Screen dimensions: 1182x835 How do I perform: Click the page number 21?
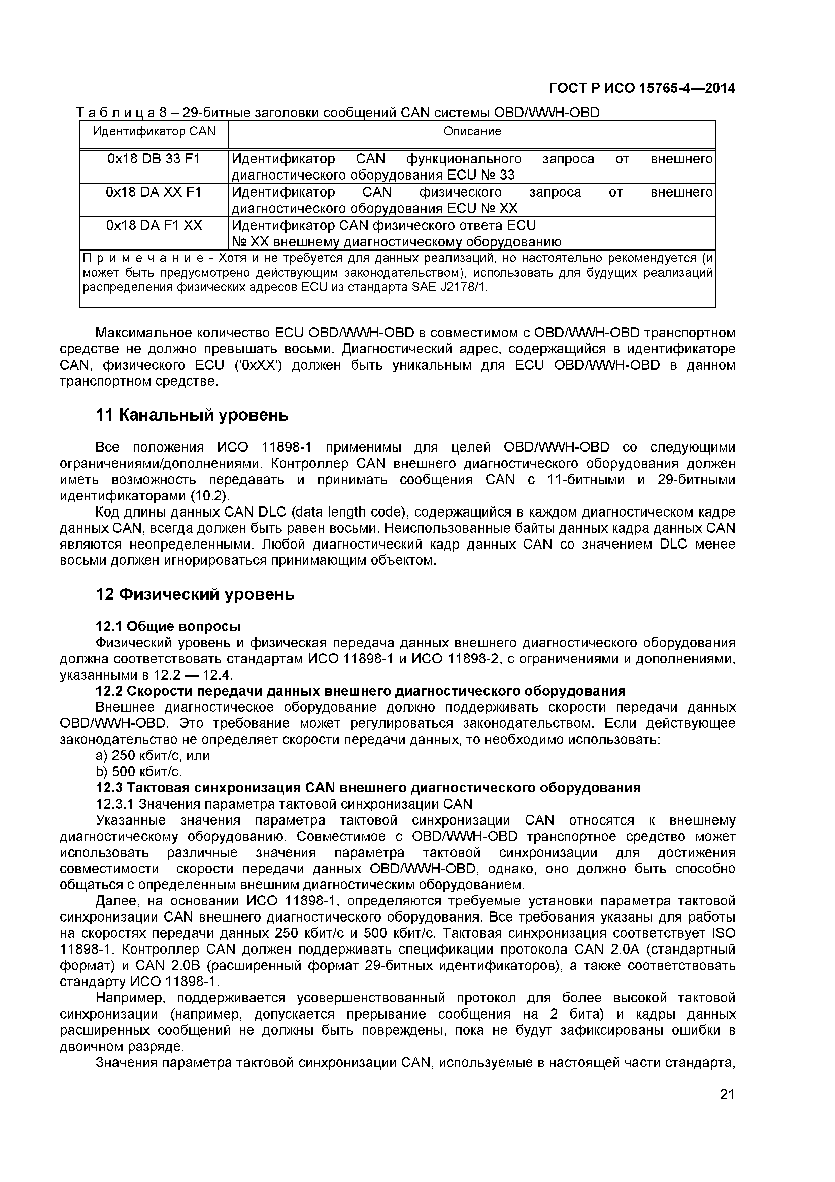coord(727,1109)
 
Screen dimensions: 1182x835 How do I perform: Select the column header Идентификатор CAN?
coord(154,131)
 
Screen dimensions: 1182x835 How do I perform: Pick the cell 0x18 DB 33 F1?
coord(154,159)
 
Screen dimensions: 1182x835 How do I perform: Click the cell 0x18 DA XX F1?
coord(154,192)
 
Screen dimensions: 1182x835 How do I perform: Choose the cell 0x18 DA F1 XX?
coord(154,225)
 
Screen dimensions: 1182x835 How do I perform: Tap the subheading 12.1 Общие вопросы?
coord(168,626)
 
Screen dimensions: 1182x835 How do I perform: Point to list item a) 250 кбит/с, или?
coord(153,755)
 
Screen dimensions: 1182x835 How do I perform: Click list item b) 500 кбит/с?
coord(139,772)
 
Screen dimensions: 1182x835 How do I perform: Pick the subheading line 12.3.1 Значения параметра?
coord(284,804)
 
